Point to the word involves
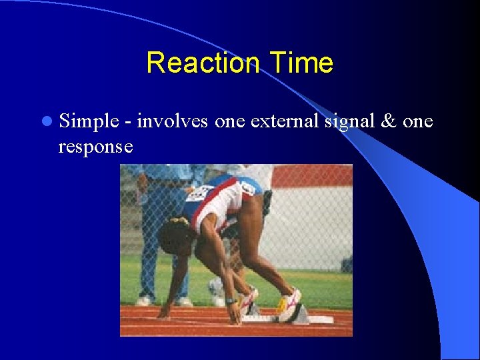(173, 121)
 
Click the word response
(95, 147)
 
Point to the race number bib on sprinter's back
(199, 193)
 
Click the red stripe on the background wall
(313, 176)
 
